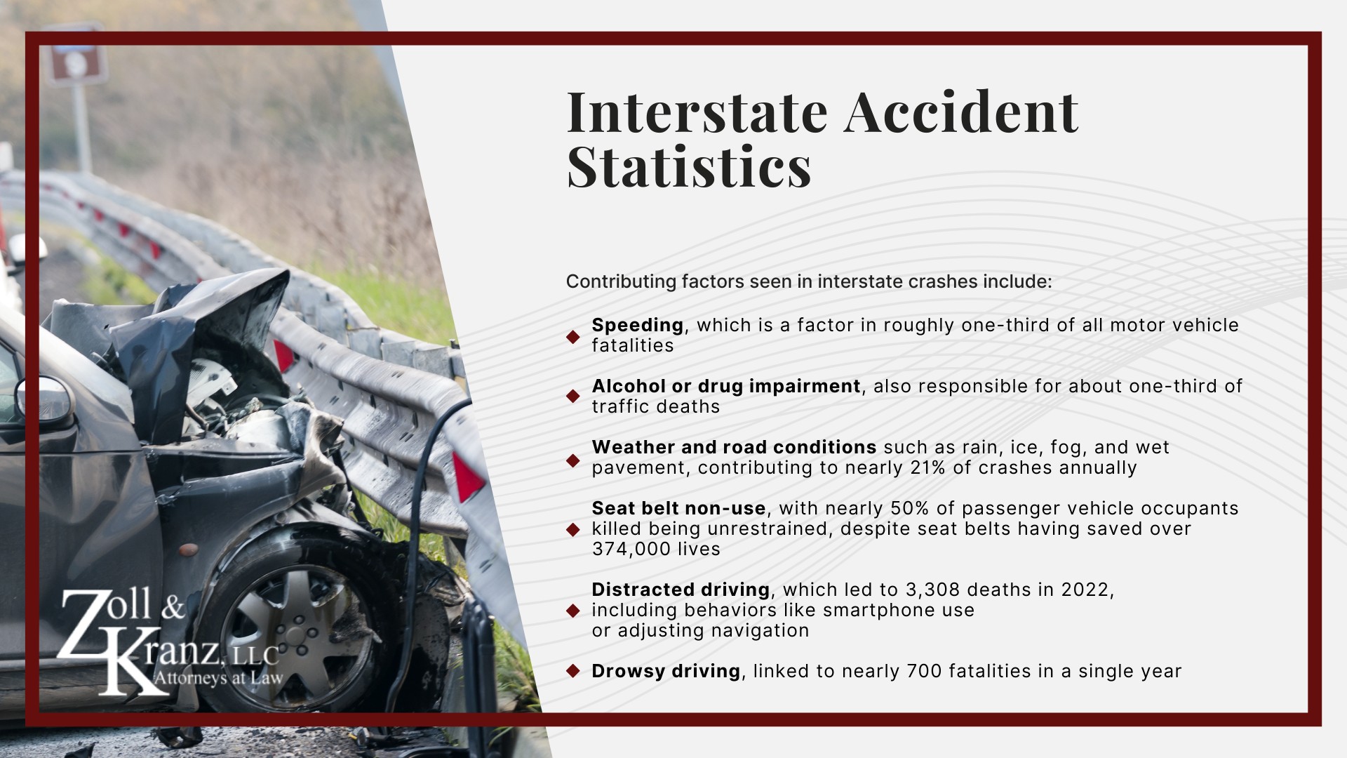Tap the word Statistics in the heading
[x=689, y=166]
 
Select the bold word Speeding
[x=637, y=325]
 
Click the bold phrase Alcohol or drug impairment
[x=725, y=386]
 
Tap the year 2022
[x=1085, y=590]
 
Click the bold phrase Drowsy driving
[x=666, y=671]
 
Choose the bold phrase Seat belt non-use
[x=678, y=508]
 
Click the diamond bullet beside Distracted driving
[x=573, y=610]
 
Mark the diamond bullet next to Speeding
[x=573, y=337]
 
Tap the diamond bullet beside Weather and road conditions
[x=573, y=460]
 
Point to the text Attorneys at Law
[x=217, y=678]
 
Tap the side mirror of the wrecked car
[x=46, y=400]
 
